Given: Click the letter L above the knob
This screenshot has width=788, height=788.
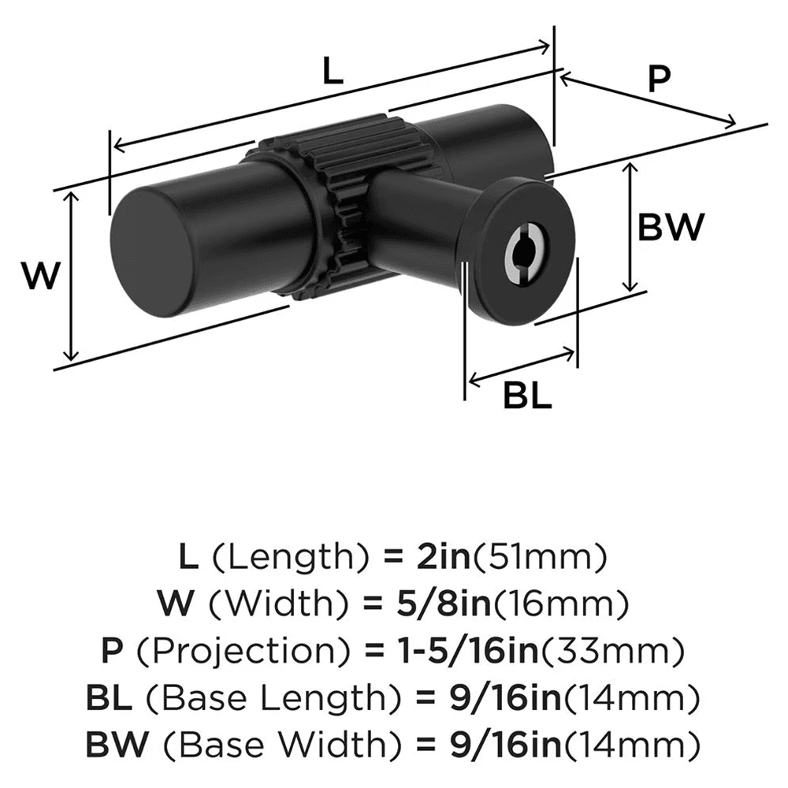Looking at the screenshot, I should coord(333,72).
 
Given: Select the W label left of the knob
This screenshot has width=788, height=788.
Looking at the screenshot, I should coord(40,277).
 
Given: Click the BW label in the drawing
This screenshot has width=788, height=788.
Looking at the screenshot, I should coord(670,229).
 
